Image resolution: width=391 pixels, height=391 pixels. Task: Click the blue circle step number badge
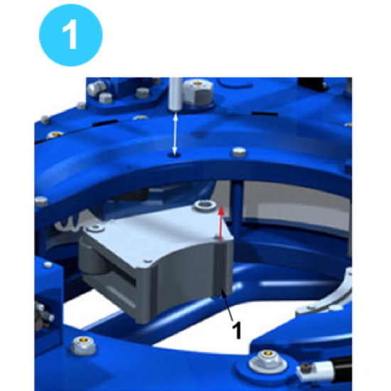[71, 35]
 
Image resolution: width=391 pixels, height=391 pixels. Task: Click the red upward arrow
[220, 225]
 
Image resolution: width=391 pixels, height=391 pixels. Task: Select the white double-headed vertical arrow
[175, 134]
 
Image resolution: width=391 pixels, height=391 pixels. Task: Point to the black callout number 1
[237, 330]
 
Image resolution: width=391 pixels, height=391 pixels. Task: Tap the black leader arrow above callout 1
[227, 307]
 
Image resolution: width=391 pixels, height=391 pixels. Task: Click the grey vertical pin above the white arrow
[176, 95]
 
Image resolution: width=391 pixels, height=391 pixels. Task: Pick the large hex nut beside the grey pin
[198, 92]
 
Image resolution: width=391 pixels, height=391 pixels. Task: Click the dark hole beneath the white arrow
[175, 156]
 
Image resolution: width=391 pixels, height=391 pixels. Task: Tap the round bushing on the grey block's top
[205, 205]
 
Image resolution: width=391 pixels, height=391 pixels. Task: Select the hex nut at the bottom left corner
[83, 345]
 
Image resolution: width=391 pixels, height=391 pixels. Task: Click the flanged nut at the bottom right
[267, 362]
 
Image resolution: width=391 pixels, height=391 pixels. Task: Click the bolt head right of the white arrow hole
[239, 151]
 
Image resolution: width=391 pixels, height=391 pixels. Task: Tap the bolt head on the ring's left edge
[41, 201]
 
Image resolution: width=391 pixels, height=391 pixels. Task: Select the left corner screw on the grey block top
[95, 228]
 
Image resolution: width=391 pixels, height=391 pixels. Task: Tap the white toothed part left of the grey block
[70, 223]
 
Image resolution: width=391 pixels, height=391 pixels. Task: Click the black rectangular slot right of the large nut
[264, 114]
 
